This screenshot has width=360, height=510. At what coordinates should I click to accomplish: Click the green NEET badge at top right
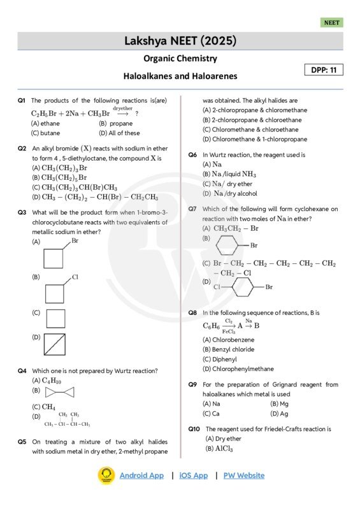tap(331, 22)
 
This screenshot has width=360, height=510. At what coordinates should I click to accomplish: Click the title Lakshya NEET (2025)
tap(180, 41)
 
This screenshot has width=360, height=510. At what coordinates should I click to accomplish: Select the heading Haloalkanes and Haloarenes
tap(180, 76)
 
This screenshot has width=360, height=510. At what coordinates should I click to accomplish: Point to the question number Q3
tap(22, 212)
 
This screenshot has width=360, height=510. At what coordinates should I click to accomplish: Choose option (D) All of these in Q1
tap(119, 133)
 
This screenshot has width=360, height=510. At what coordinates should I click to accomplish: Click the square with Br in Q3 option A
tap(54, 257)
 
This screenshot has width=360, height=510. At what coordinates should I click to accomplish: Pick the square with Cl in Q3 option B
tap(55, 292)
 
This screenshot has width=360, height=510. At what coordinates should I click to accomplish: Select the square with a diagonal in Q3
tap(55, 345)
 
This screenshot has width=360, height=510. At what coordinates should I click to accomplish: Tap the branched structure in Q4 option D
tap(67, 419)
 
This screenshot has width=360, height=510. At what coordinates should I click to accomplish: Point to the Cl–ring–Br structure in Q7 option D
tap(242, 287)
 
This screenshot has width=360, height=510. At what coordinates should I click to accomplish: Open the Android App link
tap(141, 476)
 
